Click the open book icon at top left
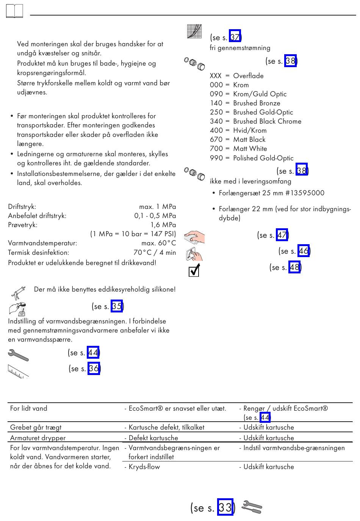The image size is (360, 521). [14, 11]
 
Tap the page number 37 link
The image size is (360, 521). [235, 36]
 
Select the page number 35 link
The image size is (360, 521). [117, 306]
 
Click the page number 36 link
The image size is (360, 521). [94, 368]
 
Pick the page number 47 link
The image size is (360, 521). [282, 235]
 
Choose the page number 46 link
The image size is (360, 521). [304, 251]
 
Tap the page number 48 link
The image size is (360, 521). [294, 267]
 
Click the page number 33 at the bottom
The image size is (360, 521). [225, 507]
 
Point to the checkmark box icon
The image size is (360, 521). [194, 270]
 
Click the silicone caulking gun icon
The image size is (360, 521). [18, 293]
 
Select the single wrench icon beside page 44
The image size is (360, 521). [18, 355]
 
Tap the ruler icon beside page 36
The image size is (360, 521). [18, 371]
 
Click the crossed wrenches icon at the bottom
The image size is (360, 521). [252, 507]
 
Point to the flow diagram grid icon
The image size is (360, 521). [194, 31]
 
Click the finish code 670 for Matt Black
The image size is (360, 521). [216, 139]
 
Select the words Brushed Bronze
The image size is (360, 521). [257, 103]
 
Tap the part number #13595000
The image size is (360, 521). [304, 193]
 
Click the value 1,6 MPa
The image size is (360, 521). [163, 225]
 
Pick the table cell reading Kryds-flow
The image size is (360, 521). [144, 466]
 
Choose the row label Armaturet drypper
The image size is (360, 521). [38, 438]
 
